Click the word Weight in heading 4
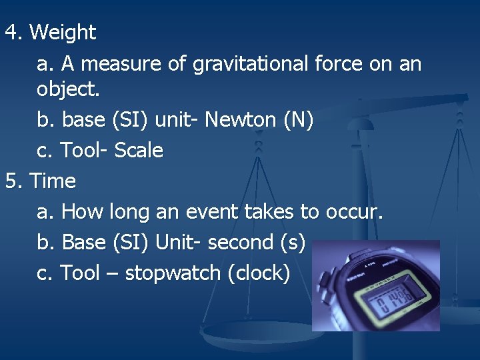[x=63, y=33]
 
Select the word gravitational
[x=249, y=64]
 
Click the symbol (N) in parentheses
[x=298, y=120]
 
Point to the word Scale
[x=139, y=151]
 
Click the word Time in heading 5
[x=53, y=181]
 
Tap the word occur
[x=354, y=212]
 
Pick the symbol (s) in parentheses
[x=293, y=243]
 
